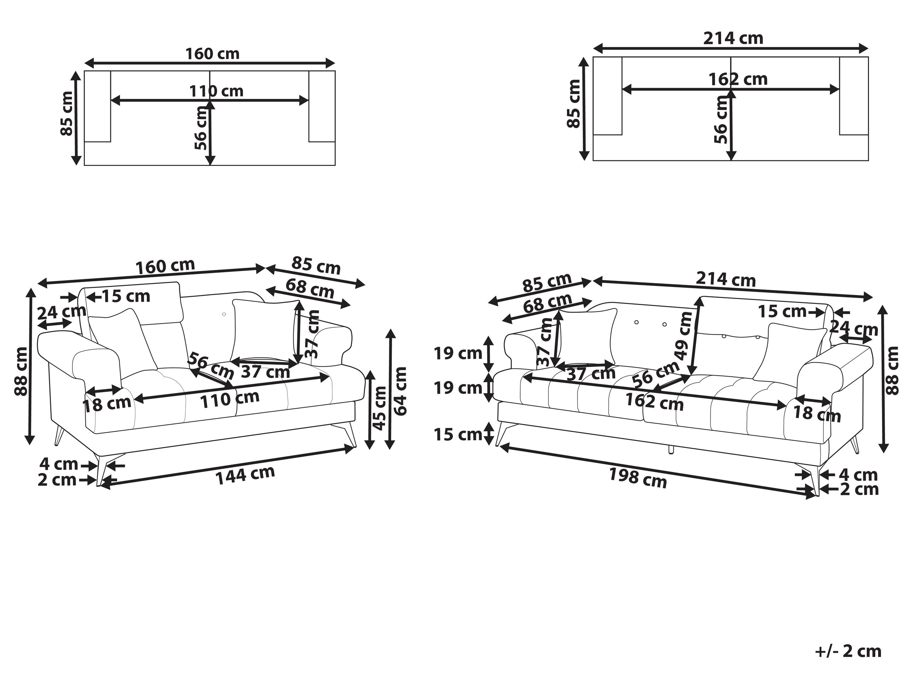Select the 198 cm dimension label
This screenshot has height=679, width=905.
click(638, 478)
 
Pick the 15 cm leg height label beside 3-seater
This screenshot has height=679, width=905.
click(458, 434)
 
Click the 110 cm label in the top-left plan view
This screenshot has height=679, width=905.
click(216, 91)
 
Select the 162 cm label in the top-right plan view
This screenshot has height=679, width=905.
click(738, 79)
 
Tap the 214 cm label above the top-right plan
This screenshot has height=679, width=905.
click(733, 39)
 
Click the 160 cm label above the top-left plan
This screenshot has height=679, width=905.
click(212, 54)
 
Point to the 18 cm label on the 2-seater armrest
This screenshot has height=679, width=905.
click(107, 404)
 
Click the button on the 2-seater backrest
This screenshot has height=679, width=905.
click(224, 314)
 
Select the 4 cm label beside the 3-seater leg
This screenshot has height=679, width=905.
click(858, 475)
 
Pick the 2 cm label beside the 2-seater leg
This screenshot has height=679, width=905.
click(57, 480)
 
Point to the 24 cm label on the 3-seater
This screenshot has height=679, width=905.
click(853, 328)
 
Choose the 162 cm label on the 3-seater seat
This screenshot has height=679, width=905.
click(654, 402)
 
